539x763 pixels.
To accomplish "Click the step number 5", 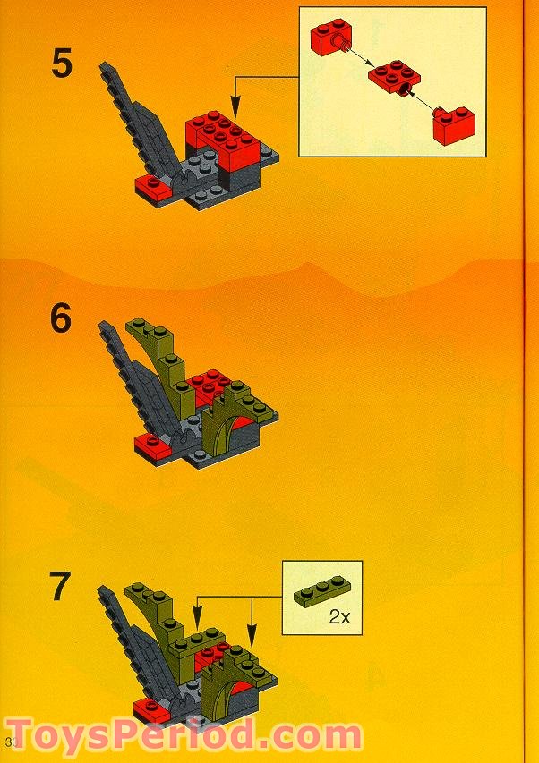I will pos(61,65).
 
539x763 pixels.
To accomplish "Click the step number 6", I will pos(61,318).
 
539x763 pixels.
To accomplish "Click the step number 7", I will pos(61,587).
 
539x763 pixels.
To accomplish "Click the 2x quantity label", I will pos(339,617).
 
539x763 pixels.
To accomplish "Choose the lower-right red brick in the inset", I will pos(455,124).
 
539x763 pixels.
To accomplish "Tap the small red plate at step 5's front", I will pos(151,186).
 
